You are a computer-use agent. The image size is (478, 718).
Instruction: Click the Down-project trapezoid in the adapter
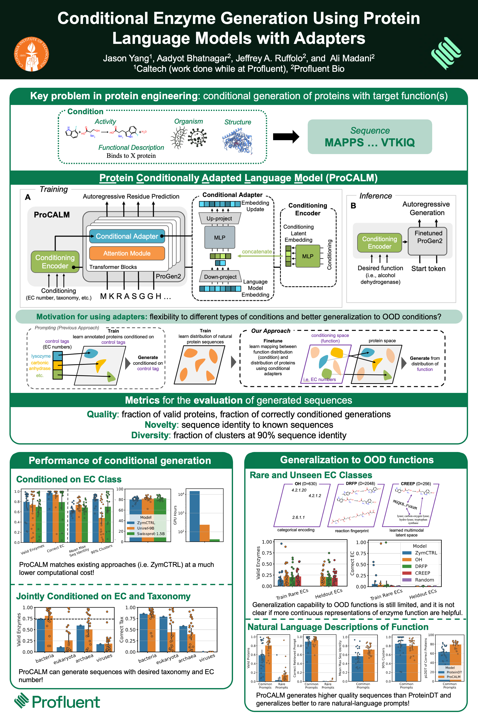pos(220,276)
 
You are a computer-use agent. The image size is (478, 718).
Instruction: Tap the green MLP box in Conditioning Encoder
pos(308,256)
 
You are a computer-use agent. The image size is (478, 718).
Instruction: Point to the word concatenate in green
pos(257,252)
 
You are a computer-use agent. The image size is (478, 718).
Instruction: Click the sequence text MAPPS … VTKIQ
pos(369,143)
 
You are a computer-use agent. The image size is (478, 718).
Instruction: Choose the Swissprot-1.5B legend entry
pos(151,534)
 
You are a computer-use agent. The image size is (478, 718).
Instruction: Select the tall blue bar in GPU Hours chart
pos(194,516)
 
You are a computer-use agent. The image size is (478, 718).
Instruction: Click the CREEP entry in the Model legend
pos(422,573)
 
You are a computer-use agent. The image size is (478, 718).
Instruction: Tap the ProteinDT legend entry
pos(454,672)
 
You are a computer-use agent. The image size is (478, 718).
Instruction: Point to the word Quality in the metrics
pos(102,414)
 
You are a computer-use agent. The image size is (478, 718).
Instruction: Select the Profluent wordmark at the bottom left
pos(65,702)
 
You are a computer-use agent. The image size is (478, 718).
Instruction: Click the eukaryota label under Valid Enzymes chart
pos(65,659)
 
